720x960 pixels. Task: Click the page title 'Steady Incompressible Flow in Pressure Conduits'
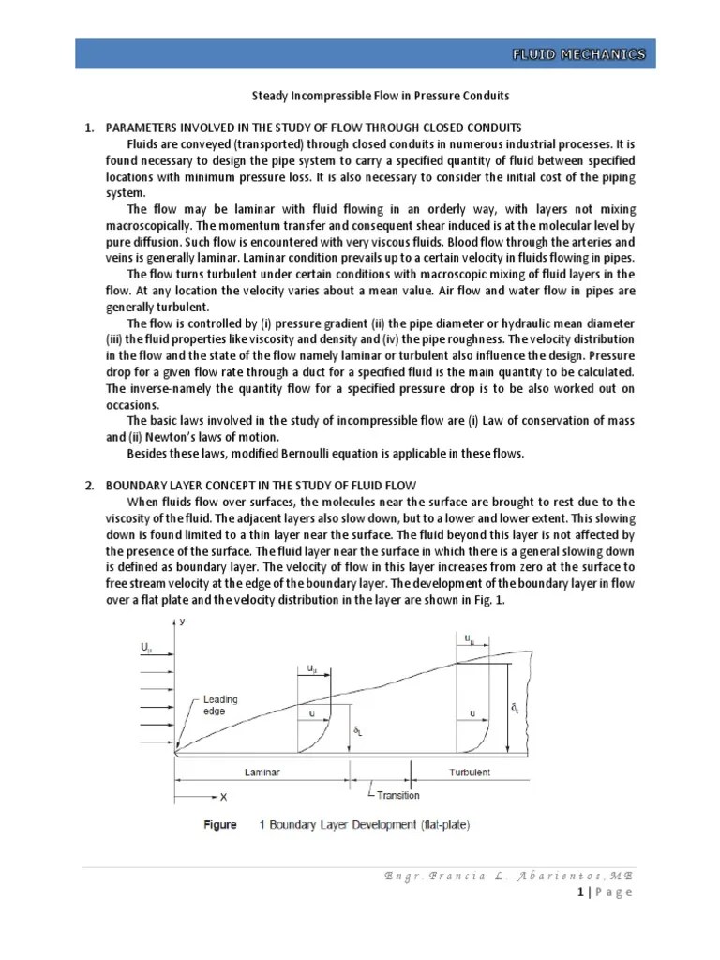[382, 96]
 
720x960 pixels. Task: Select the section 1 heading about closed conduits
[314, 127]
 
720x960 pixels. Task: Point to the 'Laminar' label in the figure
[262, 772]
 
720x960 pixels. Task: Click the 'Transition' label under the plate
[397, 796]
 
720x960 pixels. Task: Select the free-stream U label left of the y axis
[145, 648]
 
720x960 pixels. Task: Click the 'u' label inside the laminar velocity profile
[311, 713]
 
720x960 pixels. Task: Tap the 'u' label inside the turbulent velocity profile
[472, 713]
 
